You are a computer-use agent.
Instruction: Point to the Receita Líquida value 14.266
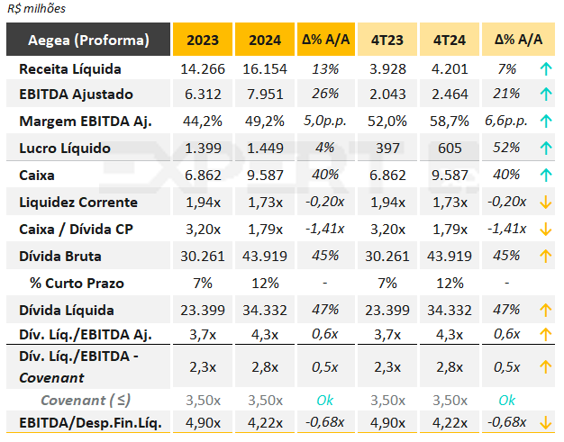point(203,68)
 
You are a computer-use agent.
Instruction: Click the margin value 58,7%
point(449,121)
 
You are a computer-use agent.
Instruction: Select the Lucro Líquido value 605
point(449,147)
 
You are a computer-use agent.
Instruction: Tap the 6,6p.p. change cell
point(505,121)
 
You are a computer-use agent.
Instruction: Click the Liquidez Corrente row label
point(77,202)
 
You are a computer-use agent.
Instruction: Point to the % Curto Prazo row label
point(76,283)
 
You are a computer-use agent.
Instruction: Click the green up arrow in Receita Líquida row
point(545,68)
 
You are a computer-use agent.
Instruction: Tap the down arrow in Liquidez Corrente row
point(545,202)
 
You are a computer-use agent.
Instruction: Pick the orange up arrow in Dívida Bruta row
point(545,256)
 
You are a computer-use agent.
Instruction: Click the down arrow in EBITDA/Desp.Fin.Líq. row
point(545,422)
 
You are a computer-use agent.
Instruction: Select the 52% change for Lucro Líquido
point(505,147)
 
